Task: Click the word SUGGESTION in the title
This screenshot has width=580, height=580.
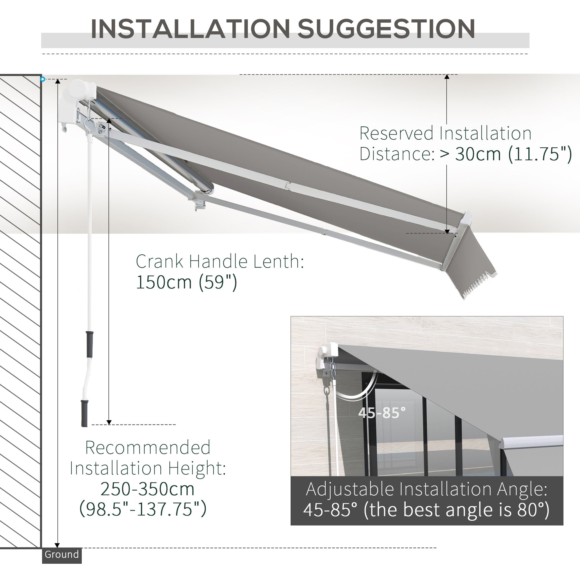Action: (386, 29)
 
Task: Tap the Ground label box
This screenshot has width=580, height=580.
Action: (61, 554)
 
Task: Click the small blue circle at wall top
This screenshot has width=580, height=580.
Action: (43, 79)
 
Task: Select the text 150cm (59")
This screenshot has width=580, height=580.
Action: (186, 282)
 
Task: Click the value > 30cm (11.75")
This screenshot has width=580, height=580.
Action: (506, 154)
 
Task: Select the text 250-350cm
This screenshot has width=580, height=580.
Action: (147, 489)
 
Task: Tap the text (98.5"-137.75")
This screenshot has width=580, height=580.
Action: (143, 509)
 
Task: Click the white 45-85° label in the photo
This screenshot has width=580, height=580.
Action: (382, 413)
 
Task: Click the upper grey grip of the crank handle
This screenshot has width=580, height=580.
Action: (89, 344)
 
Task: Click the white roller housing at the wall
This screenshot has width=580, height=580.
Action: (79, 90)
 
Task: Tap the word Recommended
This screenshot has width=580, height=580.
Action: (148, 447)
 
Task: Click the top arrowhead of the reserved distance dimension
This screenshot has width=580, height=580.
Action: (447, 77)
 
